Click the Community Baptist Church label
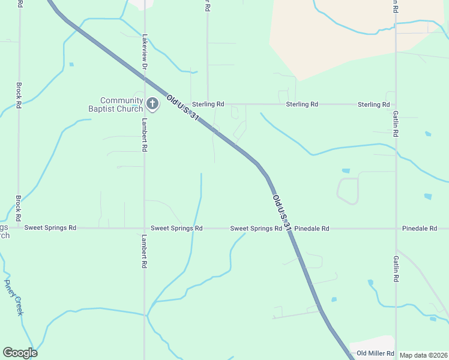coord(122,104)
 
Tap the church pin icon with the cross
coord(152,104)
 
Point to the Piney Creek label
coord(14,297)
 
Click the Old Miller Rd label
coord(375,353)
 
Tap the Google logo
coord(20,353)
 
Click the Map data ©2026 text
coord(423,355)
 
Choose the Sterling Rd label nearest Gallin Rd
coord(373,104)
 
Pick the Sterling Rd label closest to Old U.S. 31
coord(208,104)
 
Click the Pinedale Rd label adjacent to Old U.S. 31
coord(312,229)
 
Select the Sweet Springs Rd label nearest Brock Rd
coord(50,228)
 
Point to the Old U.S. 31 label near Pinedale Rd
coord(282,213)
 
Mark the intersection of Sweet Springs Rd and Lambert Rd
coord(145,228)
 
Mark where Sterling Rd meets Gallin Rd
coord(396,104)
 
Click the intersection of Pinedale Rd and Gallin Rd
coord(396,229)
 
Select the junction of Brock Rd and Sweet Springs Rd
coord(19,228)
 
